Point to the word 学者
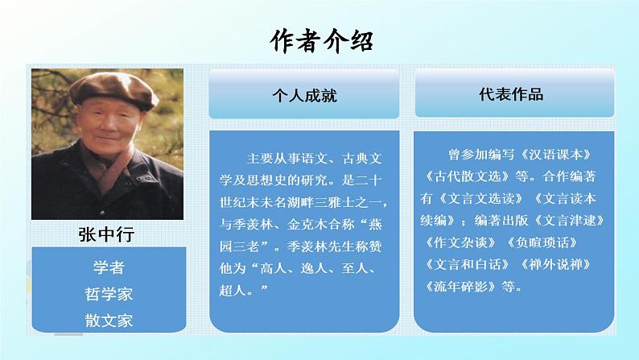pos(109,267)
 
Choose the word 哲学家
pos(109,293)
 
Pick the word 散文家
pos(109,320)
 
